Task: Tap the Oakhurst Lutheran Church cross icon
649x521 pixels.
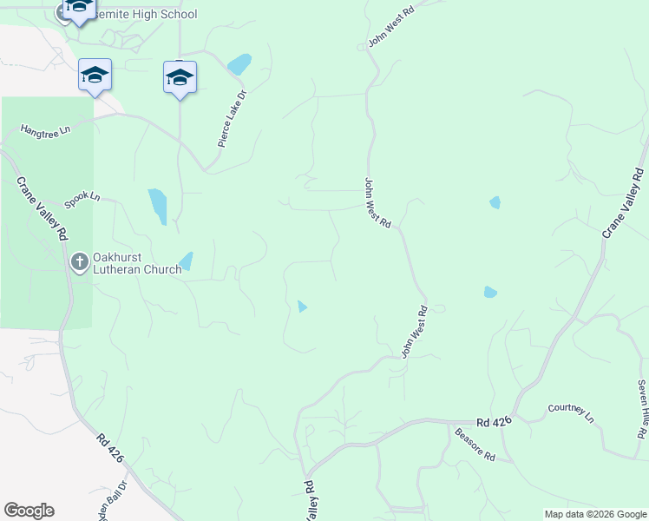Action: [79, 261]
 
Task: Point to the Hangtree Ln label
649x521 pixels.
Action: [45, 130]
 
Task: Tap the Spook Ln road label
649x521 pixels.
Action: [82, 197]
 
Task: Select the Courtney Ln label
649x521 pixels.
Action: [571, 413]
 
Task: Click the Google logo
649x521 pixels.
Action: [29, 511]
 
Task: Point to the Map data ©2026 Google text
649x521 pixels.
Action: [594, 514]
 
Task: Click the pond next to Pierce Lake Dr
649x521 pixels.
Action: [239, 64]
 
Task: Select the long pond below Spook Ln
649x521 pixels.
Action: [157, 206]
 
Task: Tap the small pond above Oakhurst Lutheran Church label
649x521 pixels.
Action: [186, 260]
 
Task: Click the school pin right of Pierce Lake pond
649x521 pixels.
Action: [180, 78]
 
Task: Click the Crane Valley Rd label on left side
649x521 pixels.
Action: [42, 208]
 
